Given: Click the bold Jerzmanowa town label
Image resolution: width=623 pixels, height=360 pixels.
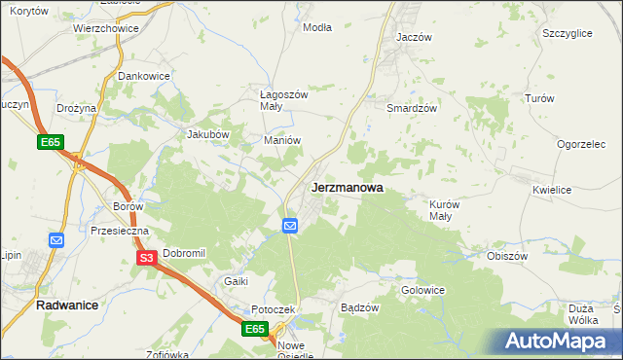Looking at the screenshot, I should coord(347,187).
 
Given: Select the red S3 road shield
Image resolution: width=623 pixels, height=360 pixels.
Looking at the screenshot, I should coord(146,258).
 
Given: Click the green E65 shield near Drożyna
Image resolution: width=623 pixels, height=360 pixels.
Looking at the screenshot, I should coord(52,143).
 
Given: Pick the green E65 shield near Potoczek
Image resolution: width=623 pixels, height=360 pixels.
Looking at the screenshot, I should coord(255,330).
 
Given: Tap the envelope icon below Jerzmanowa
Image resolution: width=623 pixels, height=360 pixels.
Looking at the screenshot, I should coord(290,226).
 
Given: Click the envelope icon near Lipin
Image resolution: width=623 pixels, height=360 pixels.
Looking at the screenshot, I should coord(55,239).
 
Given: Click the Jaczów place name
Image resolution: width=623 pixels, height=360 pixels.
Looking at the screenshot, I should coord(414,36).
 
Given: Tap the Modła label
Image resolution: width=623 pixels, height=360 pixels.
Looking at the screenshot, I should coord(317,27).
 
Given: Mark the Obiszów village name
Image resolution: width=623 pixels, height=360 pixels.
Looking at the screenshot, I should coord(507,256).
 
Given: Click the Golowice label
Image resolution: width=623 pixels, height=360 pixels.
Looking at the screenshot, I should coord(423,290).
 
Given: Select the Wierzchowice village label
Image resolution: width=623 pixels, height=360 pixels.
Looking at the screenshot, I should coord(106,29).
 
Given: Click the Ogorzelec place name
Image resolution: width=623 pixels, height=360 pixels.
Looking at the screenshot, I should coord(582,144).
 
